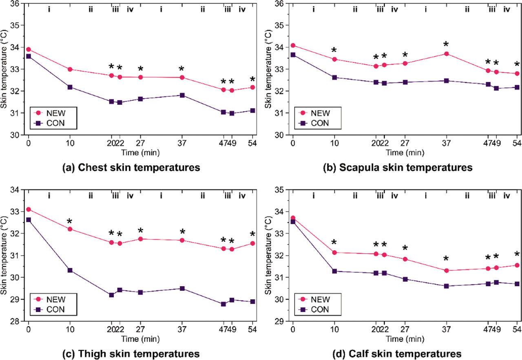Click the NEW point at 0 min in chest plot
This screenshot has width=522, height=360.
tap(29, 49)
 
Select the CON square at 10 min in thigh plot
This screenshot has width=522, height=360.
tap(70, 270)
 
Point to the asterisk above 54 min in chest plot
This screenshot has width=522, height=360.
tap(253, 80)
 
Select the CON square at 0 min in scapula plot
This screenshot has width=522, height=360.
tap(293, 55)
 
